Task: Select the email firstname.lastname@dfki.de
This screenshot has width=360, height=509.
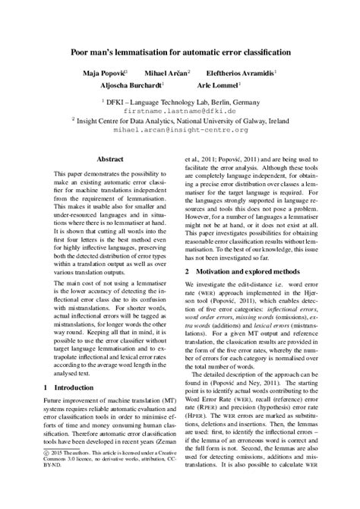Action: [180, 108]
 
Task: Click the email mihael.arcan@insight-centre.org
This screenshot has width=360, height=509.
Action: [180, 129]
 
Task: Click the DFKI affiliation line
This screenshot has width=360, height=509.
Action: [180, 99]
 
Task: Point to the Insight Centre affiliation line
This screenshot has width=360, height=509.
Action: [180, 119]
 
